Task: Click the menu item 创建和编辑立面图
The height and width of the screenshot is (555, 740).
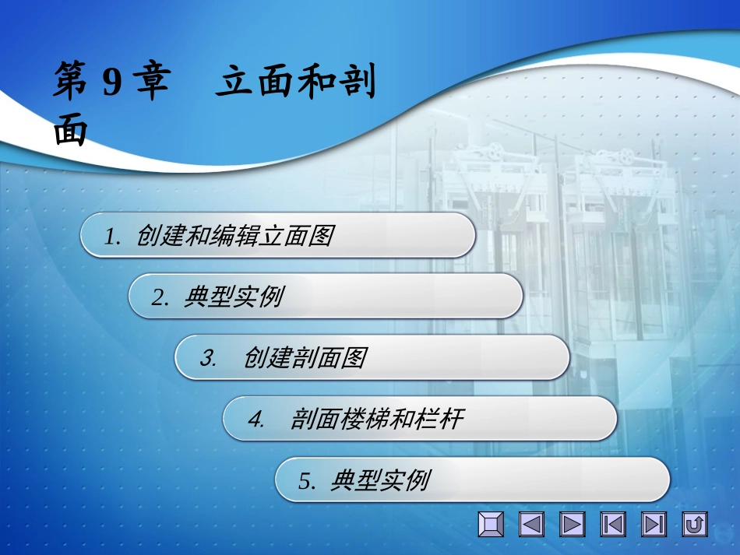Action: click(234, 235)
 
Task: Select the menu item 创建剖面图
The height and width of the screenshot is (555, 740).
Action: click(305, 358)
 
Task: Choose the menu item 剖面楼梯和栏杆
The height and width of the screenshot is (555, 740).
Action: click(377, 420)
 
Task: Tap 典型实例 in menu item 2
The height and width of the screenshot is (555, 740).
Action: click(233, 297)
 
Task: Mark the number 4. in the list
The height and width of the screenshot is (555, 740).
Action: click(257, 420)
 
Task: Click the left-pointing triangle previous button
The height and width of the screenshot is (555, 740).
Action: click(532, 525)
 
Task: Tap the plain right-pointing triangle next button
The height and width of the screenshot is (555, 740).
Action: click(573, 525)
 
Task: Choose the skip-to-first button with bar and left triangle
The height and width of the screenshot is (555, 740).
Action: click(613, 525)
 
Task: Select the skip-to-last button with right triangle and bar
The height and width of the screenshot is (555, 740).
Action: click(654, 525)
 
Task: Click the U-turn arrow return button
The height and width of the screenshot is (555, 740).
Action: click(694, 525)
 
